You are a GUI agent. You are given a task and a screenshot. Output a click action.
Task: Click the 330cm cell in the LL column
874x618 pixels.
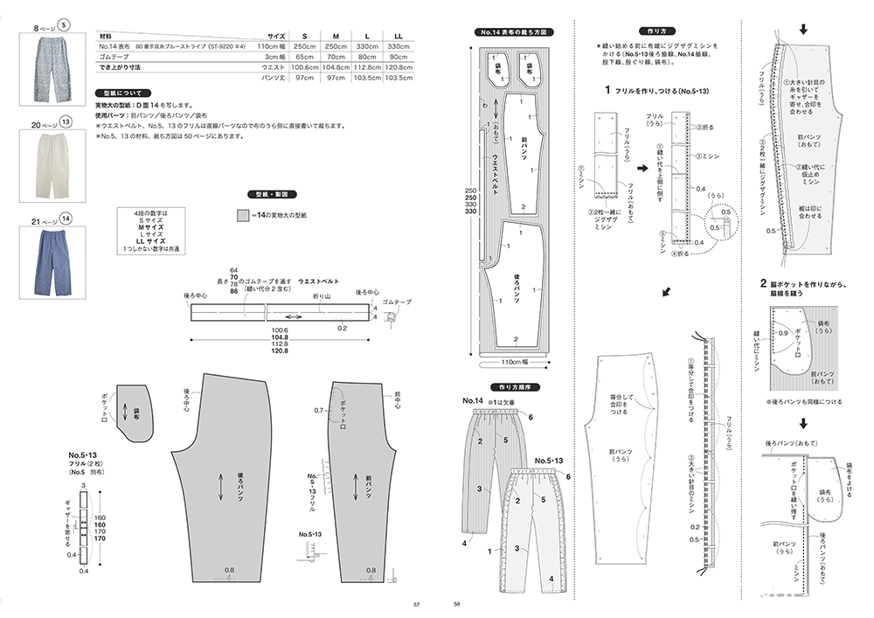398,46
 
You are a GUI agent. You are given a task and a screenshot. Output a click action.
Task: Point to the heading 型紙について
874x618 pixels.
126,93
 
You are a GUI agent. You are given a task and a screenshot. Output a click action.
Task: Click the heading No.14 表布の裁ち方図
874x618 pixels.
514,32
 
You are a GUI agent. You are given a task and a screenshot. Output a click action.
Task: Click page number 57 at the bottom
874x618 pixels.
417,604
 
